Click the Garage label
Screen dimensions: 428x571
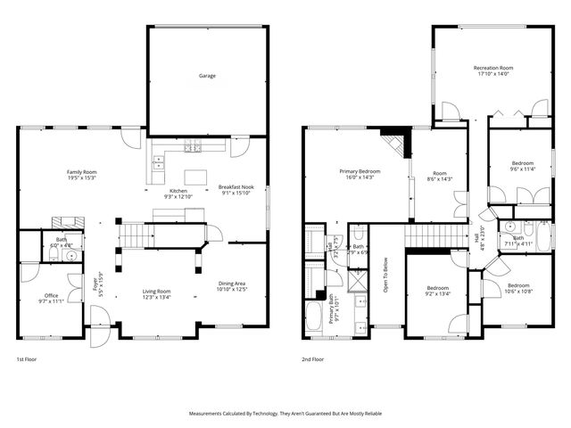click(x=207, y=76)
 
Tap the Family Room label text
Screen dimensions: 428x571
click(x=81, y=171)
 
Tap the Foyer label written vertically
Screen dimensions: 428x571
click(x=95, y=287)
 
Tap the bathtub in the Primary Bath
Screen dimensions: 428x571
click(x=316, y=316)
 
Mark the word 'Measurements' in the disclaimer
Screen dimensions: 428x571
click(x=208, y=414)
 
